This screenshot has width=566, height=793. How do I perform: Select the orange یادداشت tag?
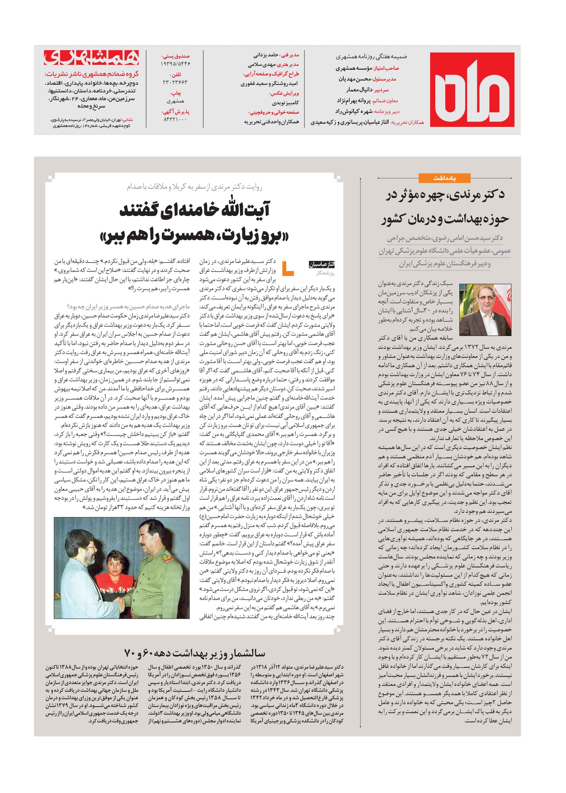tap(444, 178)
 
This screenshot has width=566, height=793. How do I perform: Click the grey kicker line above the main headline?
tap(194, 187)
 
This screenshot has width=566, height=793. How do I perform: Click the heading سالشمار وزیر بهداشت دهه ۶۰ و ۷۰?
tap(194, 653)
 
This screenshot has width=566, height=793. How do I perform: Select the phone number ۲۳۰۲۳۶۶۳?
tap(175, 82)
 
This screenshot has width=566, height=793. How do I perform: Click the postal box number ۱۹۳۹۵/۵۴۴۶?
tap(175, 64)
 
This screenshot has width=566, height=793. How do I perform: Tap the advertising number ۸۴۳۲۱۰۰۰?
tap(175, 119)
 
